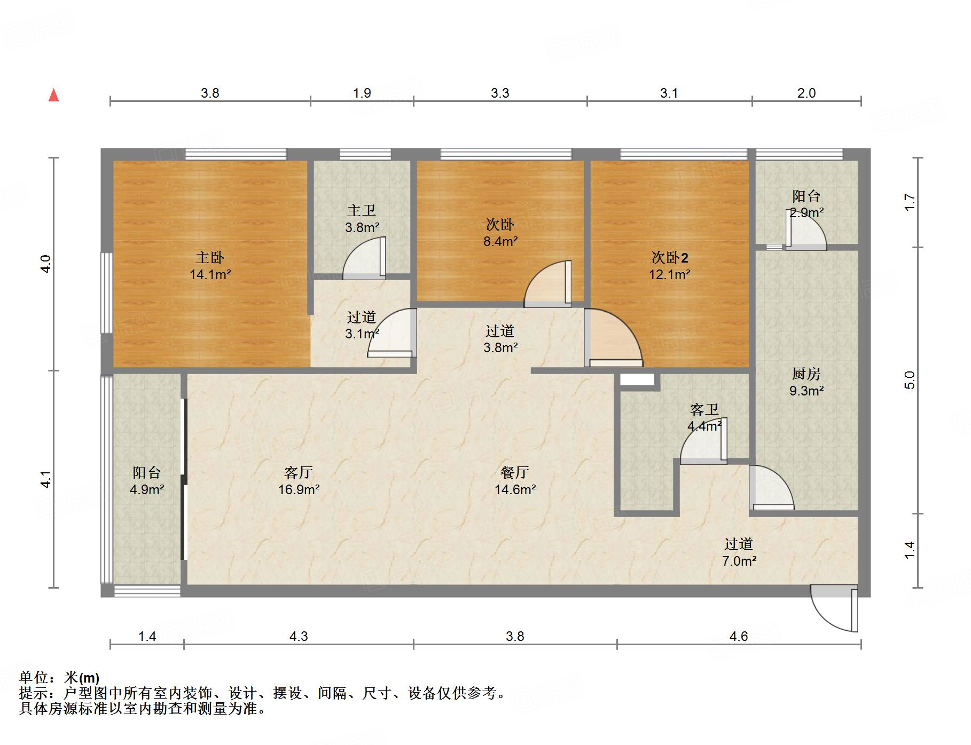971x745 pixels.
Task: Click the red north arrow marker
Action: [54, 95]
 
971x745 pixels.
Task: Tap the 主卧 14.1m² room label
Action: [210, 266]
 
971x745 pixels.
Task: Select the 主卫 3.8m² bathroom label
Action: [362, 219]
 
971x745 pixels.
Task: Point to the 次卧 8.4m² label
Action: [500, 233]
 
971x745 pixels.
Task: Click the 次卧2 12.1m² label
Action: [669, 266]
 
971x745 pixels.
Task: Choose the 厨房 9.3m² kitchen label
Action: [806, 382]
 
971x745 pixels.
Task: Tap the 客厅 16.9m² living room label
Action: [299, 480]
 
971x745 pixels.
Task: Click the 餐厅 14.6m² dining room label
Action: [515, 480]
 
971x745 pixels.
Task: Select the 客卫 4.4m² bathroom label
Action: [704, 417]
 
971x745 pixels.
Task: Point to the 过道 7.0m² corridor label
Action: [739, 552]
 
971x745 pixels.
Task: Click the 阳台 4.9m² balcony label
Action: [147, 480]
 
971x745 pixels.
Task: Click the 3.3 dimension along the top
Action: [500, 93]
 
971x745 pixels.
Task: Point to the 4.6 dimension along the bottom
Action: [739, 636]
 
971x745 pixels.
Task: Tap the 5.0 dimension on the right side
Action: [910, 380]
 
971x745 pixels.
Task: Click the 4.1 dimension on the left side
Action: [46, 479]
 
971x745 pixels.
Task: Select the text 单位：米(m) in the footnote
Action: [59, 678]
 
